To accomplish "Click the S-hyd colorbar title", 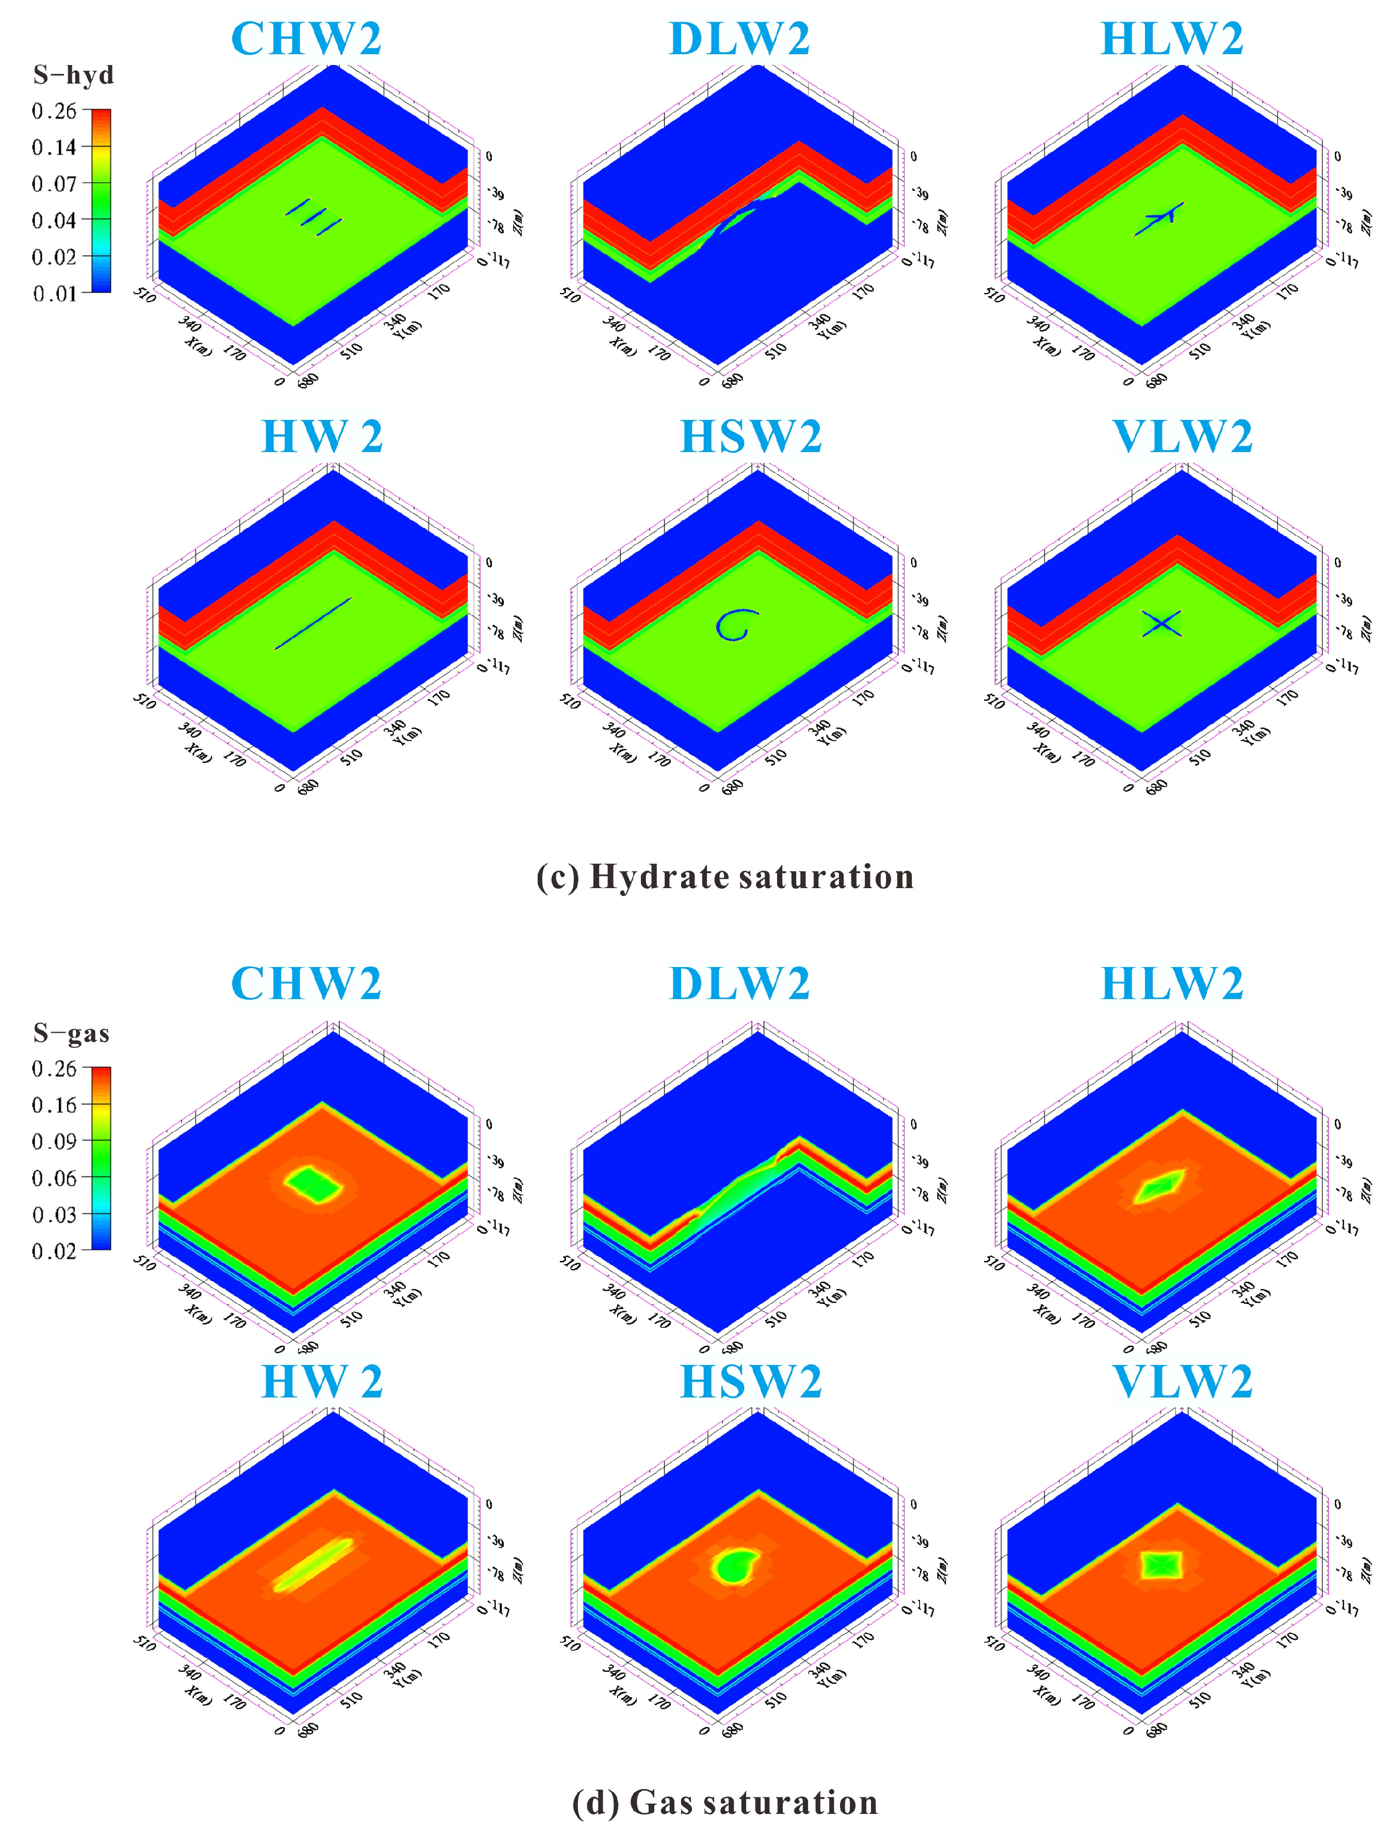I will [73, 75].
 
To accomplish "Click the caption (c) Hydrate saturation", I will [725, 877].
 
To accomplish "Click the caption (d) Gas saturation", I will [725, 1803].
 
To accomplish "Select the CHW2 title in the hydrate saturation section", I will [306, 39].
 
